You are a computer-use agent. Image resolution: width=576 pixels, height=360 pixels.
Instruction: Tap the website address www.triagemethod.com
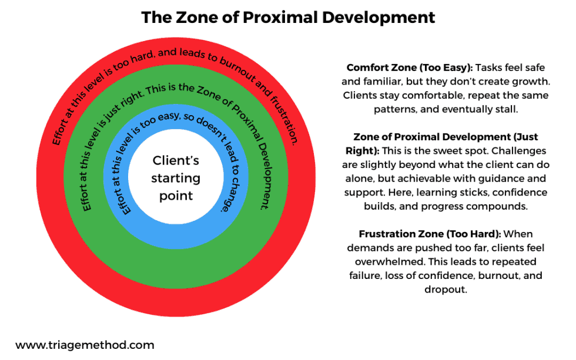click(85, 345)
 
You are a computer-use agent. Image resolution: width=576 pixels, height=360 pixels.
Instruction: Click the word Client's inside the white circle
click(176, 160)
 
